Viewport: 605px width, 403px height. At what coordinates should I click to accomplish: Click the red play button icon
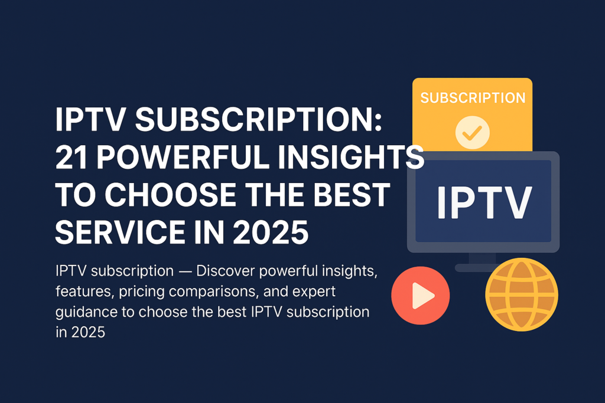click(420, 295)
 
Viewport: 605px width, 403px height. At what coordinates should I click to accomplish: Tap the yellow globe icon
click(522, 293)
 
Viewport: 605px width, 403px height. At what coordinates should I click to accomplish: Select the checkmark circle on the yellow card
click(472, 132)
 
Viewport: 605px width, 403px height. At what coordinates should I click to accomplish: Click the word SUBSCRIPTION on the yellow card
click(472, 98)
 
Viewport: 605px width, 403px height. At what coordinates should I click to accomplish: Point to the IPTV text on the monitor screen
click(484, 202)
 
